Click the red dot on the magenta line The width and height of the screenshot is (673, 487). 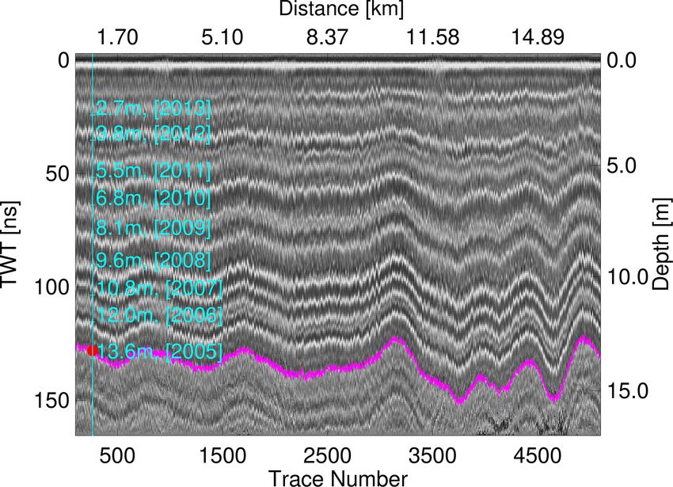[x=93, y=350]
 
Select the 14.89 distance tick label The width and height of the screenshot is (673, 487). [x=538, y=36]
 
